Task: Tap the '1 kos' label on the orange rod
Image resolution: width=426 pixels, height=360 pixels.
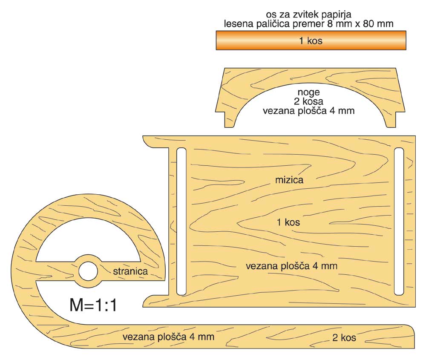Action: [311, 41]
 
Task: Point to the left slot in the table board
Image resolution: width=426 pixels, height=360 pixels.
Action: [181, 221]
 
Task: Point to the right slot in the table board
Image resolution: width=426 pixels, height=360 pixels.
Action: [399, 221]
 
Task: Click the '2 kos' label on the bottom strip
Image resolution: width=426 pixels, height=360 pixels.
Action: [344, 338]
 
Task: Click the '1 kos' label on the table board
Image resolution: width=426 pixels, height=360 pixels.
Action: [288, 222]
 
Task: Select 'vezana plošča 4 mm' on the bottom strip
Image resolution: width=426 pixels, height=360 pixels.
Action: [168, 337]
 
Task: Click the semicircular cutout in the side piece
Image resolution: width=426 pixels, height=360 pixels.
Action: [88, 243]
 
